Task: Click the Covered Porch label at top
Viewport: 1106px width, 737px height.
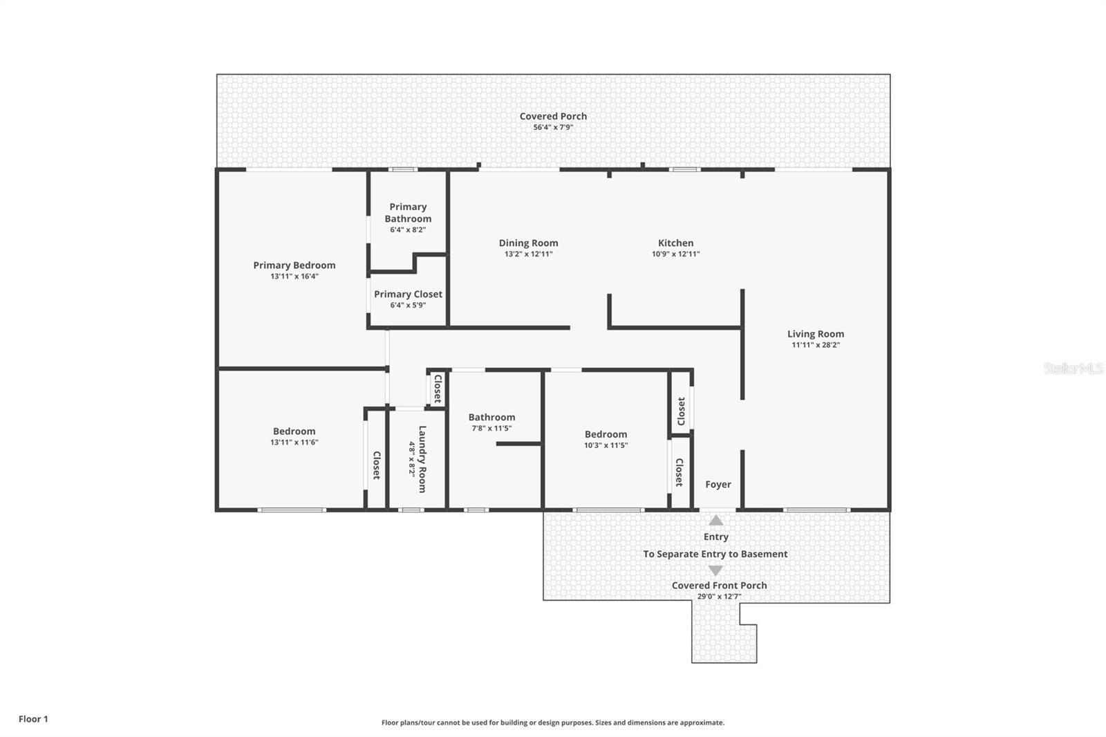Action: [x=553, y=116]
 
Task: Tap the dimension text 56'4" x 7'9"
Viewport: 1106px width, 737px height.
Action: [x=553, y=127]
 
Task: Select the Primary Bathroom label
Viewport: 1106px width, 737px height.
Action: [x=408, y=212]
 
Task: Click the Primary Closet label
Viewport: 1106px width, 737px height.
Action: [x=408, y=294]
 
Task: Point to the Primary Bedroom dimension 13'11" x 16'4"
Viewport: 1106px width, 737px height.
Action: [x=294, y=277]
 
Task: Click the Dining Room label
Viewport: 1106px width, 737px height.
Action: [x=528, y=243]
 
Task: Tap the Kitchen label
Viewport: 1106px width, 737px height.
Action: [x=675, y=243]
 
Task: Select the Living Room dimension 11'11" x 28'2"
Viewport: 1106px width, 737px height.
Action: [x=815, y=345]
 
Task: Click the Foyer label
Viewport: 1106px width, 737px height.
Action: [x=718, y=485]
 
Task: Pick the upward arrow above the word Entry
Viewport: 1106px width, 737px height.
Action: [x=716, y=521]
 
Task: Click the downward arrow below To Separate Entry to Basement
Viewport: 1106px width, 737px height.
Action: [x=715, y=570]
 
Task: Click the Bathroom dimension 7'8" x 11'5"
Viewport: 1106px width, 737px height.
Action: [x=491, y=429]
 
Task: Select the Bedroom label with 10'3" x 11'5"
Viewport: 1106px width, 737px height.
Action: [x=606, y=434]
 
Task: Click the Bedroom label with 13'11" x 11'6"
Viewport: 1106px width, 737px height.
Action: [x=294, y=431]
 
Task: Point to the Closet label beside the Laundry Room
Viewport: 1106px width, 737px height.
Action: [x=376, y=465]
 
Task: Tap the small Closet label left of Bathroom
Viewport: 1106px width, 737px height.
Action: [x=437, y=389]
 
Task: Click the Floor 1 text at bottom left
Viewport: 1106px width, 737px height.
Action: [x=33, y=719]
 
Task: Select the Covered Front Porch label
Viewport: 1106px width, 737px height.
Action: [x=719, y=586]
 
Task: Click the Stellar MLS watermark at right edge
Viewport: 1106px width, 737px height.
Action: [x=1073, y=368]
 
